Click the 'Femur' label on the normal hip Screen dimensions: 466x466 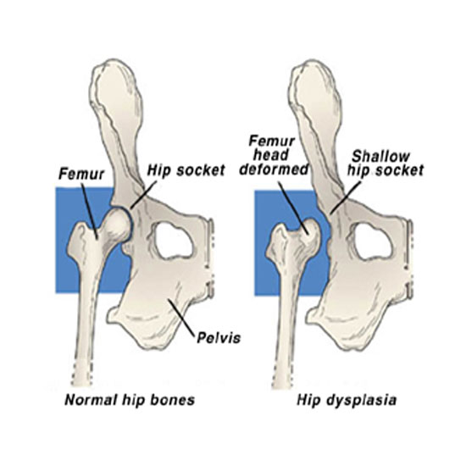[81, 175]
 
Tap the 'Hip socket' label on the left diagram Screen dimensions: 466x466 [186, 170]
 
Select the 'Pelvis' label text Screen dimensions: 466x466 [219, 337]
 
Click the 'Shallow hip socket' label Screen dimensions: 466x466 [386, 164]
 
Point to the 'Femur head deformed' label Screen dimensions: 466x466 [273, 155]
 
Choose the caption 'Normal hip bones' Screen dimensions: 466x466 [130, 400]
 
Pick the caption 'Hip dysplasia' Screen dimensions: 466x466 [347, 400]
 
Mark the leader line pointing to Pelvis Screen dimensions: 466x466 [182, 319]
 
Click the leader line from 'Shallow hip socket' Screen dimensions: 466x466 [346, 197]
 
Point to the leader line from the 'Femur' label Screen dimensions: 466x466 [89, 212]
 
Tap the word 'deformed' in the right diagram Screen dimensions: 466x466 [274, 169]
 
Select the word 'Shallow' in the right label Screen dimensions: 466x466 [380, 157]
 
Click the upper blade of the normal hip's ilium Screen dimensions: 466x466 [117, 98]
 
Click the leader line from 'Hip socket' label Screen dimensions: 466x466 [143, 194]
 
